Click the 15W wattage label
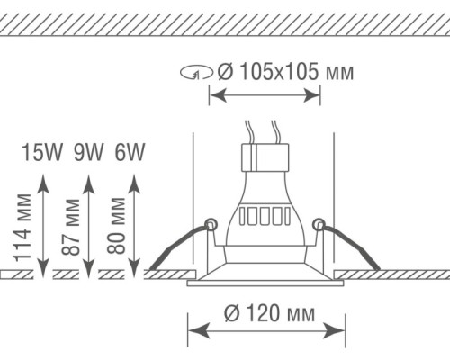tap(42, 152)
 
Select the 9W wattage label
tap(88, 152)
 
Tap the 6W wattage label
tap(130, 152)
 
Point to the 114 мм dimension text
tap(22, 228)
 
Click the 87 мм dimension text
tap(71, 227)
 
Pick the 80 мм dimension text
tap(116, 226)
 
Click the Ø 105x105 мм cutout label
tap(285, 72)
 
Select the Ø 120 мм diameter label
tap(269, 313)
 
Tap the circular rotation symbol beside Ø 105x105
tap(197, 73)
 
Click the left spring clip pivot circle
tap(211, 224)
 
